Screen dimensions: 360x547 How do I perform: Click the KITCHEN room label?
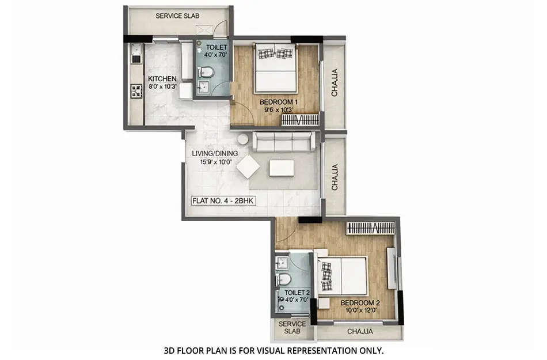tap(162, 79)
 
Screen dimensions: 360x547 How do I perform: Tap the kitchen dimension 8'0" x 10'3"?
tap(162, 88)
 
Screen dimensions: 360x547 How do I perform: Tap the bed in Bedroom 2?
tap(343, 275)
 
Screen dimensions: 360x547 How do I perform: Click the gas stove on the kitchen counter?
tap(136, 90)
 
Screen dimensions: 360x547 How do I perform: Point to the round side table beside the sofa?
tap(243, 139)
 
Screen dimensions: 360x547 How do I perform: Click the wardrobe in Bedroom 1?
tap(300, 120)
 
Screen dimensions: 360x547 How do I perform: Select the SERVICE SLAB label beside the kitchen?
tap(177, 16)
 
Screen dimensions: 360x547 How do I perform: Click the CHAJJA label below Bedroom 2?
tap(360, 332)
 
